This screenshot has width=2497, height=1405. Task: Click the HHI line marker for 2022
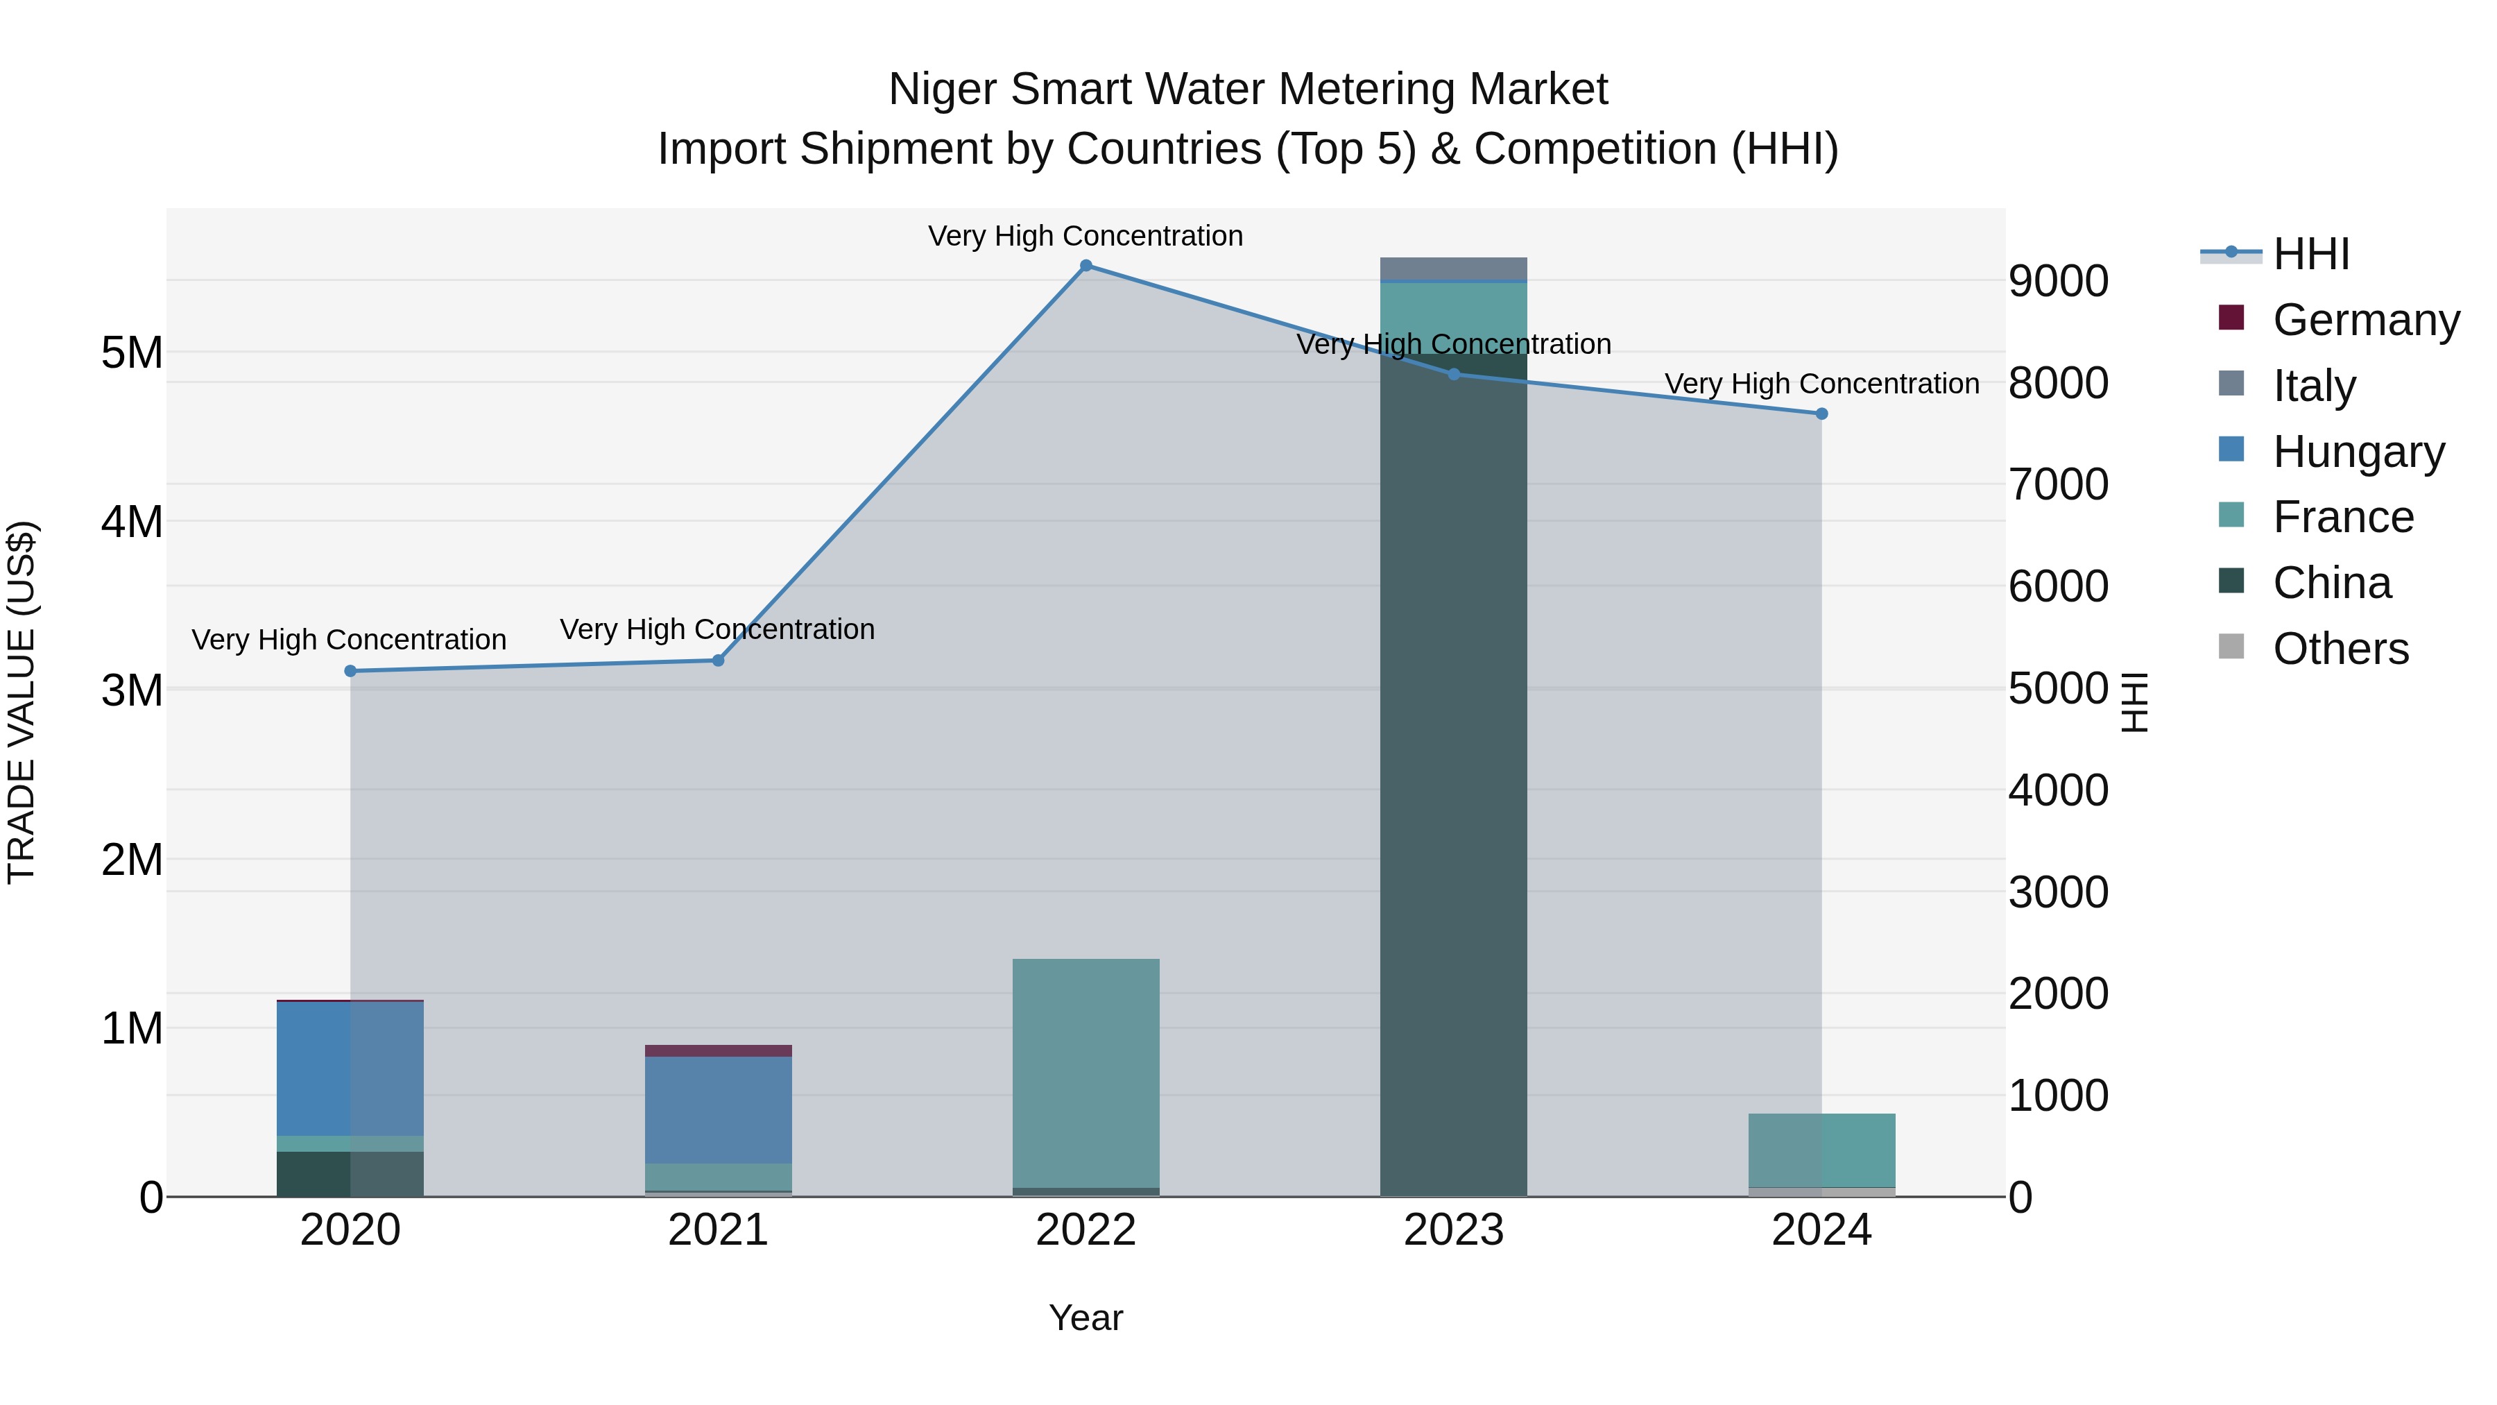click(x=1086, y=266)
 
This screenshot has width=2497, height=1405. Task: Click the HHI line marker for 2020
click(x=351, y=671)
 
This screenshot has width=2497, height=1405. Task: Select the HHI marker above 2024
click(x=1821, y=414)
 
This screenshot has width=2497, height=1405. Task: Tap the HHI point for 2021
click(x=719, y=661)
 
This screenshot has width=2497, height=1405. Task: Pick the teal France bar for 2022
click(x=1086, y=1071)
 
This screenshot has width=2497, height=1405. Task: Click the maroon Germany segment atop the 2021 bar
click(x=719, y=1051)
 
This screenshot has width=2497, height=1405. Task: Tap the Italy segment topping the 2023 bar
click(x=1453, y=269)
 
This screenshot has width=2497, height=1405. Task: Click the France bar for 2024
click(x=1821, y=1150)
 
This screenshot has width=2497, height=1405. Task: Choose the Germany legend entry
click(x=2365, y=320)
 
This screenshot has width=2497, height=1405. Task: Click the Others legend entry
click(x=2340, y=649)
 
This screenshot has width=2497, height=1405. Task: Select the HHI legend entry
click(x=2311, y=254)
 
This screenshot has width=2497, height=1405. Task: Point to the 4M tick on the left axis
click(x=132, y=522)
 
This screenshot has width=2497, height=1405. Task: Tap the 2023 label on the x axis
click(x=1453, y=1230)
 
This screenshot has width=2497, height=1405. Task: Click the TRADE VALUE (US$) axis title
click(x=22, y=702)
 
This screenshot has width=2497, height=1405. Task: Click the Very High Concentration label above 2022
click(x=1086, y=236)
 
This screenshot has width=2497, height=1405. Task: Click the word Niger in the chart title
click(x=943, y=90)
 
